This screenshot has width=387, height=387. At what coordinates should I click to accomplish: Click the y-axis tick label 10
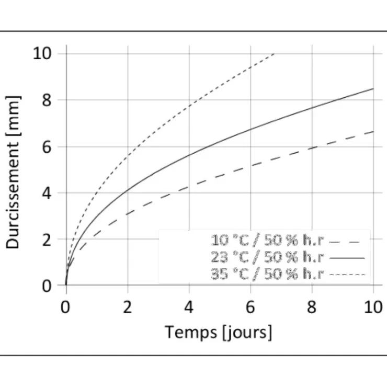coord(42,53)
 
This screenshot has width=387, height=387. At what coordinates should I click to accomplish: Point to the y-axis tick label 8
coord(47,100)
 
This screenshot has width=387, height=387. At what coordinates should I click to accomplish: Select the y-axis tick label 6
coord(47,147)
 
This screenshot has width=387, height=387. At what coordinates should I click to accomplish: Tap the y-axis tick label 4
coord(47,193)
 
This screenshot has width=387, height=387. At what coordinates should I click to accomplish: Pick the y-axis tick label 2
coord(47,240)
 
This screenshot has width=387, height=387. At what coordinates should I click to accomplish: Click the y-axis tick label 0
coord(47,286)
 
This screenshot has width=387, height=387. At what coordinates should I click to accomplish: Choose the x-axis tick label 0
coord(65,308)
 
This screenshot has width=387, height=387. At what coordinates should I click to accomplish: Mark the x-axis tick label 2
coord(128,308)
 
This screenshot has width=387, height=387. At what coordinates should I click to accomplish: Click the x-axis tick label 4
coord(189,308)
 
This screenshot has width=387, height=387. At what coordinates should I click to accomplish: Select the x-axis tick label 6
coord(251,308)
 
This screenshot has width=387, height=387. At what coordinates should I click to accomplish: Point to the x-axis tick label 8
coord(312,308)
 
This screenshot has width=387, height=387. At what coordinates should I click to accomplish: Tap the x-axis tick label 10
coord(373,308)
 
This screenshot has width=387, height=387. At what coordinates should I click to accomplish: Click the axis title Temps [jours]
coord(219,333)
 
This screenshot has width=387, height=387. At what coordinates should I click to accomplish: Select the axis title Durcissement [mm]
coord(13,172)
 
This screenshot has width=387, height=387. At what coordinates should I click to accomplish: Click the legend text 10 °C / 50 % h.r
coord(267,240)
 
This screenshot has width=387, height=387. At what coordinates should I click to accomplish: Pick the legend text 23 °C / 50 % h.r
coord(267,257)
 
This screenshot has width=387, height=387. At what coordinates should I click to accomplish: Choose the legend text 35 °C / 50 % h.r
coord(267,274)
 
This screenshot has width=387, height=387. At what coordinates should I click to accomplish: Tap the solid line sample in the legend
coord(347,258)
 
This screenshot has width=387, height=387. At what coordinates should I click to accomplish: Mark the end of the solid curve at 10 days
coord(373,88)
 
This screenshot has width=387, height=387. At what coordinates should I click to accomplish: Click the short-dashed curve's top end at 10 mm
coord(274,53)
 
